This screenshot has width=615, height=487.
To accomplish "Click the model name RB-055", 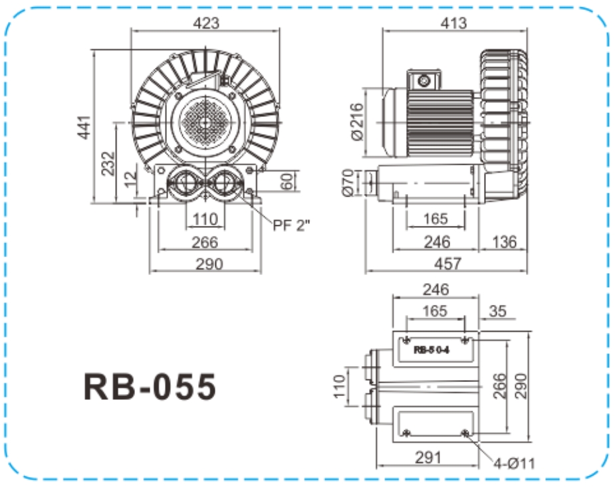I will tap(150, 385).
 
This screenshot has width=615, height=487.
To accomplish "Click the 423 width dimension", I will tap(206, 23).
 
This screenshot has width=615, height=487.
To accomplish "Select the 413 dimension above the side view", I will tap(453, 23).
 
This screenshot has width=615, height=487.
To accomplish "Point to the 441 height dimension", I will tap(85, 126).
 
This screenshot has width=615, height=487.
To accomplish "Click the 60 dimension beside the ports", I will tap(287, 180).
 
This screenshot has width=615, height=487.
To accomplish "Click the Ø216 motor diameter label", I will tap(356, 122).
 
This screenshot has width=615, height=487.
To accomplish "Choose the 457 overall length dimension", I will tap(447, 264).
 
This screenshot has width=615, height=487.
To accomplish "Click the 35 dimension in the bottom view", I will tap(498, 310).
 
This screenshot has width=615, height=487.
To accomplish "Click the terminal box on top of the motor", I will tap(423, 80).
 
